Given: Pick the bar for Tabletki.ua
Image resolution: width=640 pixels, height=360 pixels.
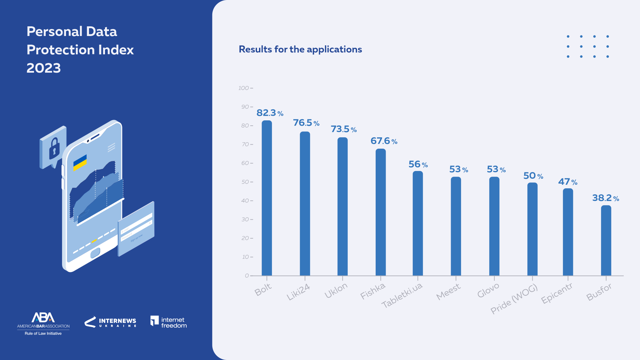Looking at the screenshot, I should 418,223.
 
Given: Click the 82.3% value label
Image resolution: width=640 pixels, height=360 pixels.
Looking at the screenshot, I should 270,113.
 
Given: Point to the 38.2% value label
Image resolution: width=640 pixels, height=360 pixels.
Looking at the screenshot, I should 605,198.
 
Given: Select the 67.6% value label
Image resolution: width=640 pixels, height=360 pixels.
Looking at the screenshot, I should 384,141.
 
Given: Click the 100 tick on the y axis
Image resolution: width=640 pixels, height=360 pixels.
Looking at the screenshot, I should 244,88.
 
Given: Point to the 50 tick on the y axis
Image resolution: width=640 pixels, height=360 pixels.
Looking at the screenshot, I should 245,182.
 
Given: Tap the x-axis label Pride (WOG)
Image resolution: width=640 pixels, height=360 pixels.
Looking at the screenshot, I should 514,299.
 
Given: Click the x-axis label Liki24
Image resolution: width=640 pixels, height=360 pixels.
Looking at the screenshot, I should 298,292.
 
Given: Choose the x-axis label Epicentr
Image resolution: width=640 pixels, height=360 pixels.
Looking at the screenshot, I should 557,293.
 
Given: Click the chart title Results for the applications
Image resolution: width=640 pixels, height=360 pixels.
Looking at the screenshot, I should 300,49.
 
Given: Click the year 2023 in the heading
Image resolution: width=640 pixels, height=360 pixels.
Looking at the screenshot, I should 44,68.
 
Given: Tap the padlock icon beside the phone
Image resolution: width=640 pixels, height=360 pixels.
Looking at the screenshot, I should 54,148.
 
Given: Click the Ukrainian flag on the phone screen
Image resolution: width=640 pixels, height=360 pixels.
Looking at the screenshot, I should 80,162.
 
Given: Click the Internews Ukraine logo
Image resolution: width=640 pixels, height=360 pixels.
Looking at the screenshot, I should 110,322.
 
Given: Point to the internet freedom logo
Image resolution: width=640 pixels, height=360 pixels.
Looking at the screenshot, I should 168,322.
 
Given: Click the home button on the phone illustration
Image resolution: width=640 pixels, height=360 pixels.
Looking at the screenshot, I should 95,253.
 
